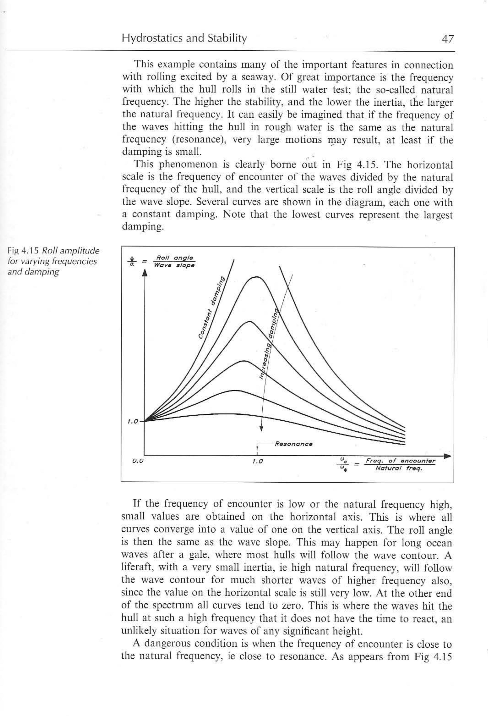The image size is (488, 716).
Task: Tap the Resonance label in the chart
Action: (293, 444)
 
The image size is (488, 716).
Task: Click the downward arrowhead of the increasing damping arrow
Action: (261, 428)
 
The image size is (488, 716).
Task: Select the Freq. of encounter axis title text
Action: (400, 461)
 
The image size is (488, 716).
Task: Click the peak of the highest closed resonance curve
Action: (256, 277)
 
